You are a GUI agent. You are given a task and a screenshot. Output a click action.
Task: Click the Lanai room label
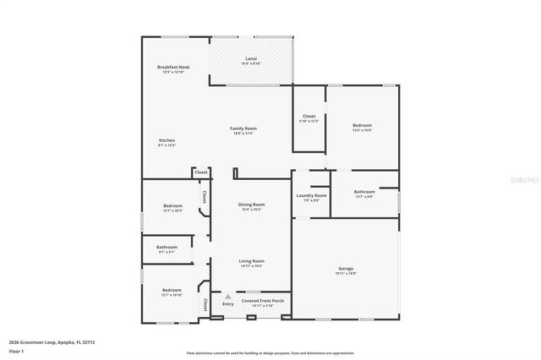(x=251, y=59)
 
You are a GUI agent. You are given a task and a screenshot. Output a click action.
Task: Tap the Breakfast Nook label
(x=172, y=68)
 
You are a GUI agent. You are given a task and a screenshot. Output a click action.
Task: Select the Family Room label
(x=243, y=128)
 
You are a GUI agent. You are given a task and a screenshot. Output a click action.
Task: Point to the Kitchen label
(x=167, y=141)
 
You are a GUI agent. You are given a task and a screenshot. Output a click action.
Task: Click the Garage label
(x=345, y=270)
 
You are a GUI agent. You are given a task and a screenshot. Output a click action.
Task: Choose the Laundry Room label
(x=311, y=196)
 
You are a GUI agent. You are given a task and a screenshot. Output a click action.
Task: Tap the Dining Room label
(x=252, y=205)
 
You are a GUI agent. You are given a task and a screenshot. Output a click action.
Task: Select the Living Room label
(x=251, y=261)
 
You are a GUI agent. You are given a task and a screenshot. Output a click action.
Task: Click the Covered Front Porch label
(x=262, y=301)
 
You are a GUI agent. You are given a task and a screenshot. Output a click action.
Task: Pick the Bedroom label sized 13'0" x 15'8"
(x=362, y=126)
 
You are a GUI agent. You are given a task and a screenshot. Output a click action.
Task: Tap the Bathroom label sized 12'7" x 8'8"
(x=364, y=192)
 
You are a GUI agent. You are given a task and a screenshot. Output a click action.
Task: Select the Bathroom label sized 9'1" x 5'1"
(x=167, y=248)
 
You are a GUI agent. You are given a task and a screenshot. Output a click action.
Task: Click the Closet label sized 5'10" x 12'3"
(x=309, y=117)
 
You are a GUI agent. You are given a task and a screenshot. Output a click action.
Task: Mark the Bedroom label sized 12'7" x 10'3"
(x=172, y=206)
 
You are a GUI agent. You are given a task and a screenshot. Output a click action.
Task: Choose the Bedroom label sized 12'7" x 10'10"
(x=172, y=291)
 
